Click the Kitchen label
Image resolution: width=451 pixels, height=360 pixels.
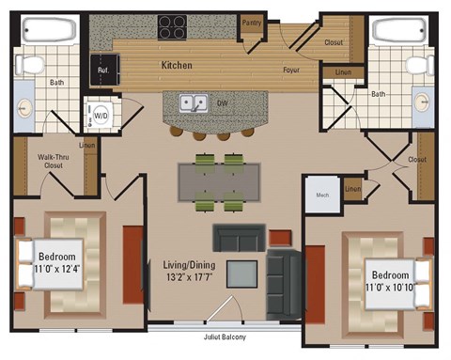[x=177, y=65]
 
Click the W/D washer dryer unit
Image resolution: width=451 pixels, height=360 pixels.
[x=97, y=116]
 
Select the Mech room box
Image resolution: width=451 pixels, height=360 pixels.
[x=320, y=196]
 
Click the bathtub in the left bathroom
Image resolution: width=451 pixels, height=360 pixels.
[x=46, y=29]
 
